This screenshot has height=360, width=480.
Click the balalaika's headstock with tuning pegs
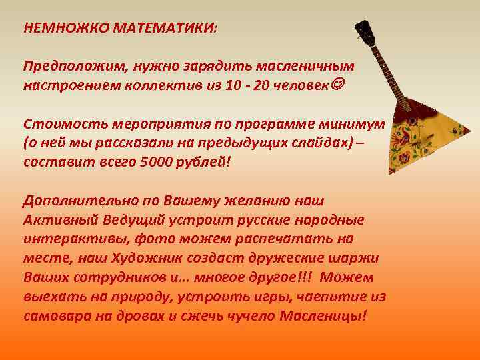click(365, 33)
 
